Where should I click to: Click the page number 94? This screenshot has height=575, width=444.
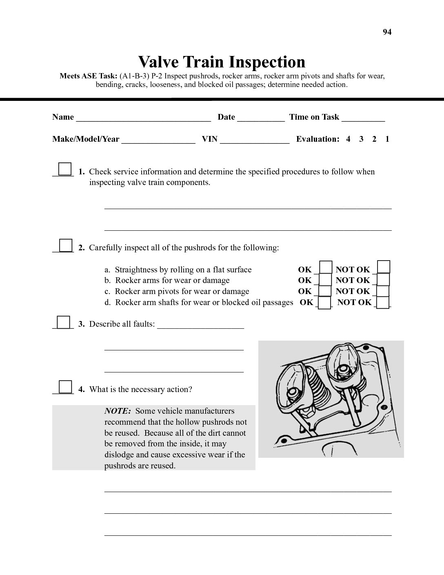(x=387, y=32)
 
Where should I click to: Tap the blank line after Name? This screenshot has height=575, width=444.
(x=143, y=118)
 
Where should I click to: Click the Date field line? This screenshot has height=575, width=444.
(x=261, y=118)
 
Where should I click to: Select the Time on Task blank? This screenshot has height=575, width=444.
(x=363, y=118)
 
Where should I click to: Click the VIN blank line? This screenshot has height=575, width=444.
(x=255, y=140)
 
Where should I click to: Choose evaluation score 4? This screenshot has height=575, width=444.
(x=348, y=139)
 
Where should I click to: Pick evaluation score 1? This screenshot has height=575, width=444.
(x=387, y=139)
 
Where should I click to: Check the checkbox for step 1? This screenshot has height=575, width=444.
(x=64, y=169)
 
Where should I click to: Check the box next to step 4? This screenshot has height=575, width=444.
(x=65, y=386)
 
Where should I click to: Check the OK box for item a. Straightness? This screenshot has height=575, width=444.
(x=325, y=267)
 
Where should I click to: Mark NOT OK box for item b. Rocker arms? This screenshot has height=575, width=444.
(x=383, y=279)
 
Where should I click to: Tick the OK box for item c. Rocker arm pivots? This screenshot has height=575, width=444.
(x=325, y=290)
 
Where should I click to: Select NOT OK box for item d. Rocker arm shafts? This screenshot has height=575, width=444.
(x=383, y=302)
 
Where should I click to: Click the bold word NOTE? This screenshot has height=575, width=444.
(x=118, y=411)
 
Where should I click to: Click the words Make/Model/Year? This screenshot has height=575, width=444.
(x=86, y=139)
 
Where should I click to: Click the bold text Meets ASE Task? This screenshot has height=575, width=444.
(x=89, y=76)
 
